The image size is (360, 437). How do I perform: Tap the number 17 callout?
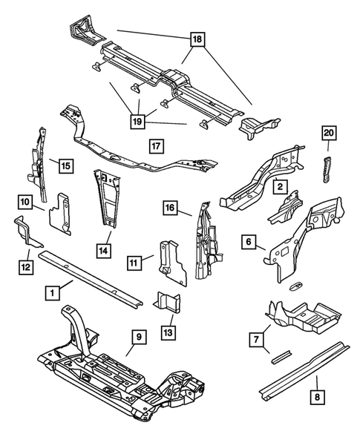point(154,145)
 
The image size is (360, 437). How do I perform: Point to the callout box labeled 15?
point(65,165)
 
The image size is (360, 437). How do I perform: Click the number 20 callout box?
point(329,134)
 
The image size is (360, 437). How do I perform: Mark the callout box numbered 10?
point(25,201)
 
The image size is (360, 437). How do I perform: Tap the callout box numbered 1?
point(53,293)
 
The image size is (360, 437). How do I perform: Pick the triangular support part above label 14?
point(108,196)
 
